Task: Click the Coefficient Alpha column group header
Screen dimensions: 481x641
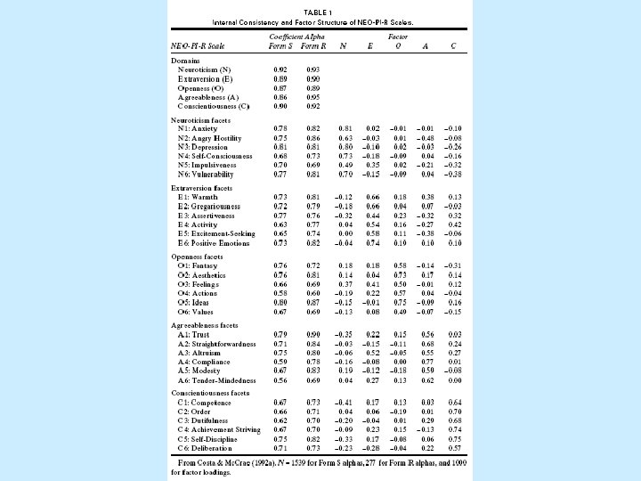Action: pos(294,37)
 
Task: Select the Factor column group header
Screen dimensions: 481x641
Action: pos(397,37)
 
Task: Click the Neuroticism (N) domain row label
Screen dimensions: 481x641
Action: pos(204,69)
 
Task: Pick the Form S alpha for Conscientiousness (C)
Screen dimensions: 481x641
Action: pos(280,106)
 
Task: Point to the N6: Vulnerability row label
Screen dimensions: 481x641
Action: pos(207,175)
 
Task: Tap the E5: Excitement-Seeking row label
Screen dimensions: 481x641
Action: pos(216,233)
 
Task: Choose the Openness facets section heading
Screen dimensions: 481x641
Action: pos(200,256)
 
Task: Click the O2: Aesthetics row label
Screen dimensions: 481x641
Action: pos(203,276)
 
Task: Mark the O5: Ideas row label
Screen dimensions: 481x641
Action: pos(196,303)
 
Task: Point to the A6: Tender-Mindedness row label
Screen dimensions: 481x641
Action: pos(215,380)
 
